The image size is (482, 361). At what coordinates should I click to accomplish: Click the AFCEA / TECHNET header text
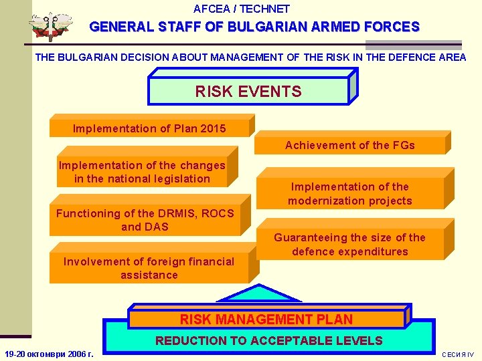pos(241,9)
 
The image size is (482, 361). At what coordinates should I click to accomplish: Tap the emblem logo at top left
pos(50,27)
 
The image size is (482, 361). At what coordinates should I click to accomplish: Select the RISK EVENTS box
pos(248,92)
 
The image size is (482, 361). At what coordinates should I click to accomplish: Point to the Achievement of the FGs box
pos(350,145)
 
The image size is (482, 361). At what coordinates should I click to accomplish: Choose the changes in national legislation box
pos(142,172)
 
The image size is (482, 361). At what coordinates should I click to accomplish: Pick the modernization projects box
pos(350,194)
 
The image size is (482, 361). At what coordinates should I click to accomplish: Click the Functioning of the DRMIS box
pos(145,220)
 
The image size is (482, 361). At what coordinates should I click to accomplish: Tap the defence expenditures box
pos(350,245)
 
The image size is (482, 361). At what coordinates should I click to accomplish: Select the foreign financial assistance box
pos(149,268)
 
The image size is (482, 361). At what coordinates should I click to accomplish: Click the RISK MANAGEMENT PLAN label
pos(266,320)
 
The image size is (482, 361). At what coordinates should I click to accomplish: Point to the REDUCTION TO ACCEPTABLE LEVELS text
pos(268,341)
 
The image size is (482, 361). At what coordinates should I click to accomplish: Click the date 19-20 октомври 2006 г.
pos(48,354)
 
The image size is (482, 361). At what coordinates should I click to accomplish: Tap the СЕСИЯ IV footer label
pos(458,354)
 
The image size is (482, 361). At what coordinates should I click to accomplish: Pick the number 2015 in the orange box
pos(212,128)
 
